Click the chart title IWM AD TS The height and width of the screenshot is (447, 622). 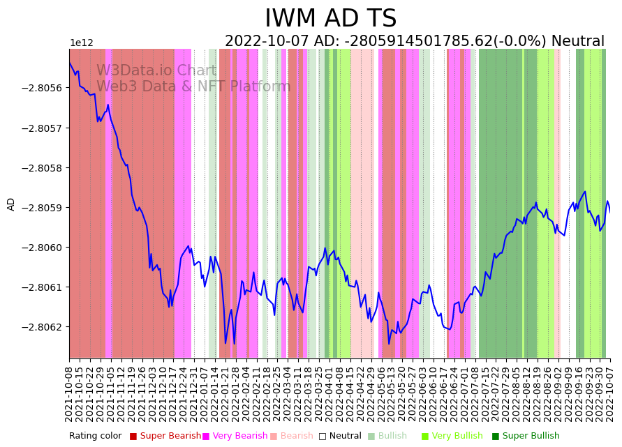[330, 19]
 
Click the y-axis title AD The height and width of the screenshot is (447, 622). [11, 204]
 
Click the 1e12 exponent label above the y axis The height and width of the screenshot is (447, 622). [82, 43]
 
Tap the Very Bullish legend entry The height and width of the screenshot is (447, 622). [457, 436]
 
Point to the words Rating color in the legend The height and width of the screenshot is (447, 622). [95, 436]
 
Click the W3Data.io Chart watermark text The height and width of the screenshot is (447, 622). [156, 71]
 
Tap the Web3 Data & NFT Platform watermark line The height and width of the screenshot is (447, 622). [193, 87]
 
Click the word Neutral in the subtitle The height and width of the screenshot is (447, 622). [577, 41]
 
